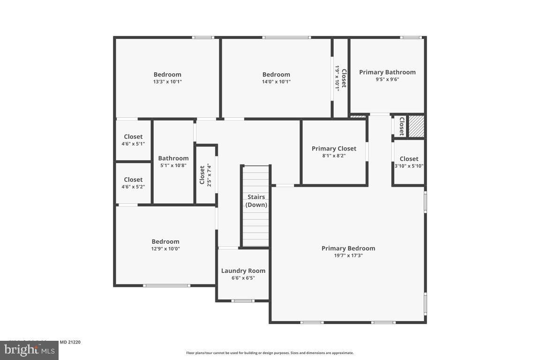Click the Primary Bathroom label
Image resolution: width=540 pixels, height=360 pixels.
(387, 72)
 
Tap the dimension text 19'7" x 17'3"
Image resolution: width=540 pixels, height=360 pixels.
(348, 255)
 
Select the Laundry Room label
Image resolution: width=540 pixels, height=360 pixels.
(243, 270)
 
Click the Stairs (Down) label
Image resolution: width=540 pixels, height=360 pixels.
(256, 201)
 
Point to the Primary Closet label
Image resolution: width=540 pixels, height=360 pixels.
(334, 149)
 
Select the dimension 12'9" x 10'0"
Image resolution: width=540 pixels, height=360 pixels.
(165, 249)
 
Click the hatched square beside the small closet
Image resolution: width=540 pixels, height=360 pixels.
(416, 126)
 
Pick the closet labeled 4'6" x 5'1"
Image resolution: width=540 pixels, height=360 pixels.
(133, 140)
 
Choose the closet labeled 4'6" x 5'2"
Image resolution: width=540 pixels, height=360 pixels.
(133, 183)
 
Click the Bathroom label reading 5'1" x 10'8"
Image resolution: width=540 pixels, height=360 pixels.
(173, 161)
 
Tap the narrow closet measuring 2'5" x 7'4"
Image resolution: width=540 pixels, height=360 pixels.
(205, 175)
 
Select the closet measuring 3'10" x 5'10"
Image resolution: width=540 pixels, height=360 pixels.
(409, 162)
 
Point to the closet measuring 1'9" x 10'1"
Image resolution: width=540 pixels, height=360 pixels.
(340, 78)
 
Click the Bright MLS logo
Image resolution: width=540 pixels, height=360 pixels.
(29, 350)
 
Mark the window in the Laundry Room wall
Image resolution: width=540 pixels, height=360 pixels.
(243, 300)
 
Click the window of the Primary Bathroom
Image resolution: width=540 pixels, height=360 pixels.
(411, 37)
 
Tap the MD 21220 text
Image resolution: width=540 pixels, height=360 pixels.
(70, 342)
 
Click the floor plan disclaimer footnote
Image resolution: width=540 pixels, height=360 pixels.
(270, 353)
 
